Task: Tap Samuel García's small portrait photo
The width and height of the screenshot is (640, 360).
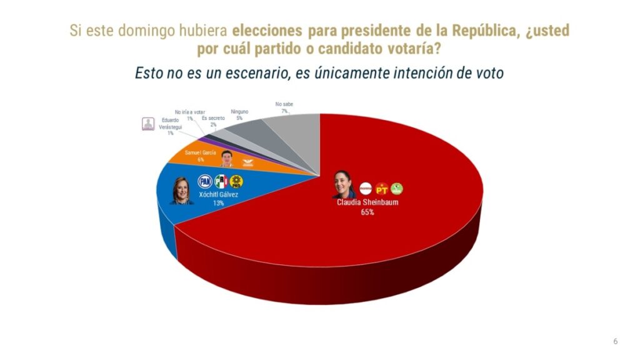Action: click(x=226, y=158)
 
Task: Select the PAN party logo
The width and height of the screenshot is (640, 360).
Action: click(x=204, y=181)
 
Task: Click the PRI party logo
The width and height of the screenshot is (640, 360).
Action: click(x=221, y=181)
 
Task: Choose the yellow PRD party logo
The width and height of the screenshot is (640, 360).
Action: click(x=236, y=181)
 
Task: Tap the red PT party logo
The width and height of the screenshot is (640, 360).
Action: click(x=381, y=188)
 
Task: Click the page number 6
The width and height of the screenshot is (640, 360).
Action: click(x=615, y=341)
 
